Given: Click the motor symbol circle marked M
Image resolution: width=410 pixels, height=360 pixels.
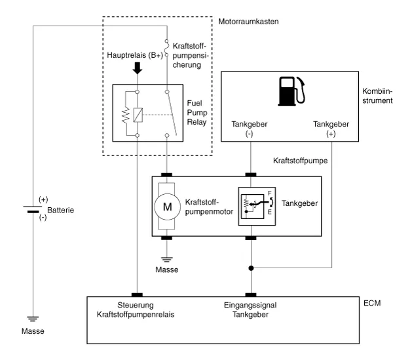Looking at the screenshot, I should pyautogui.click(x=166, y=206).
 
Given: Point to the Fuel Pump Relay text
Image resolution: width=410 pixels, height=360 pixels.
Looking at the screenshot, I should pyautogui.click(x=196, y=113).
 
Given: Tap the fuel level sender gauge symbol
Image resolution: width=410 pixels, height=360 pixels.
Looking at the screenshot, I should pyautogui.click(x=252, y=205).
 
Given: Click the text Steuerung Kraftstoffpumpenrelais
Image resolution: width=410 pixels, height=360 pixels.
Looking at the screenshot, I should pyautogui.click(x=138, y=310).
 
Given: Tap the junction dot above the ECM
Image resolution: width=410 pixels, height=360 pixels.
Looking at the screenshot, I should pyautogui.click(x=252, y=268).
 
